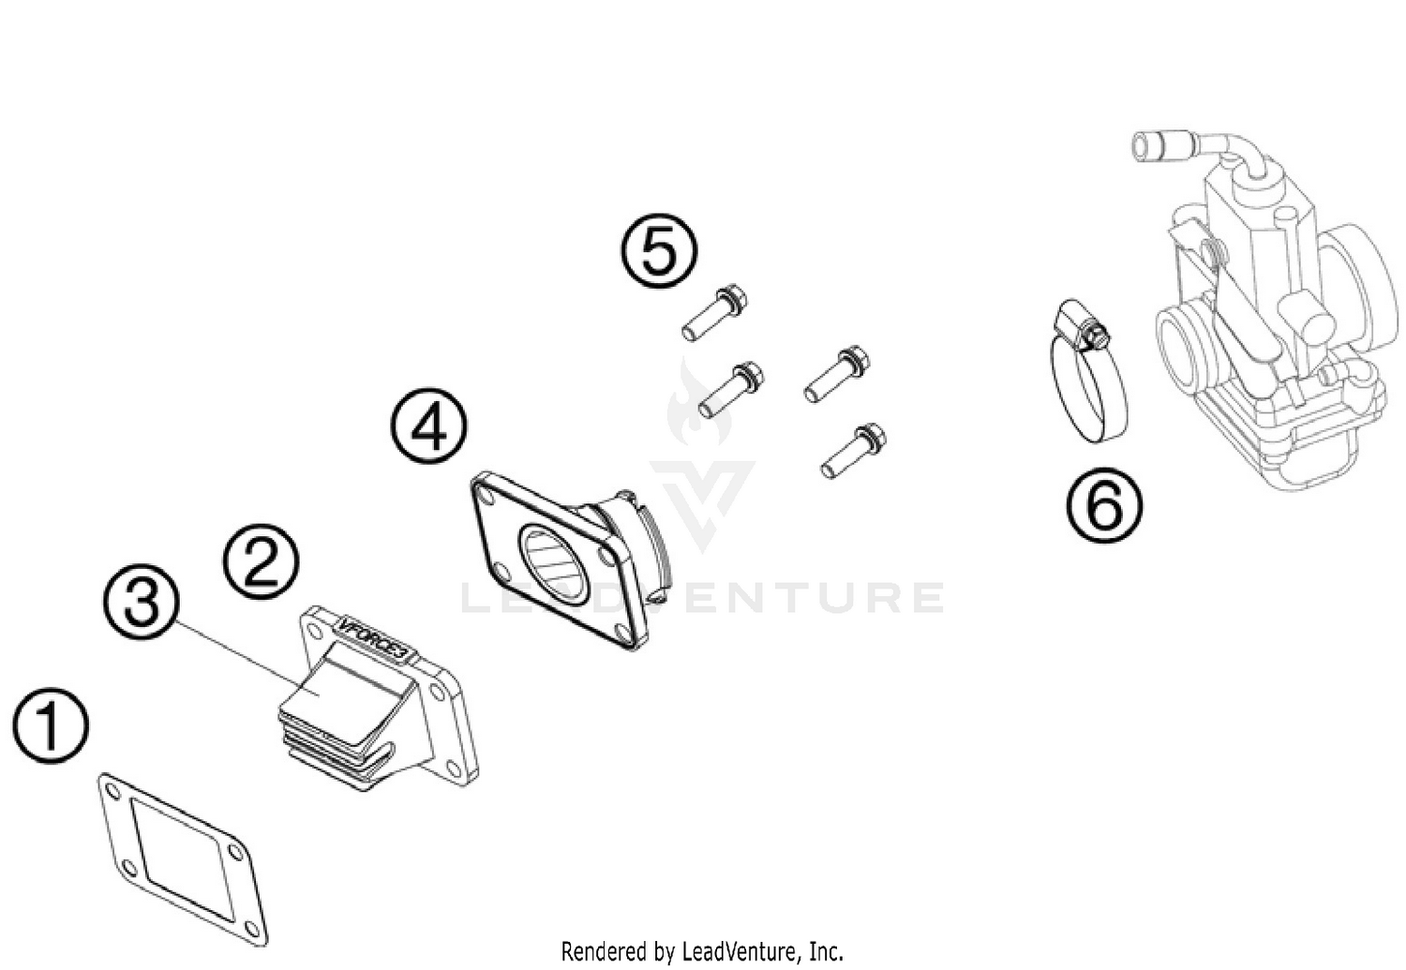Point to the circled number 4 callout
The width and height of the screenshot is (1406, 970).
coord(429,426)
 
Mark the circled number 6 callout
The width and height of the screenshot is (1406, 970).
coord(1104,506)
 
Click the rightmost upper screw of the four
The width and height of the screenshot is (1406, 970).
coord(837,373)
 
